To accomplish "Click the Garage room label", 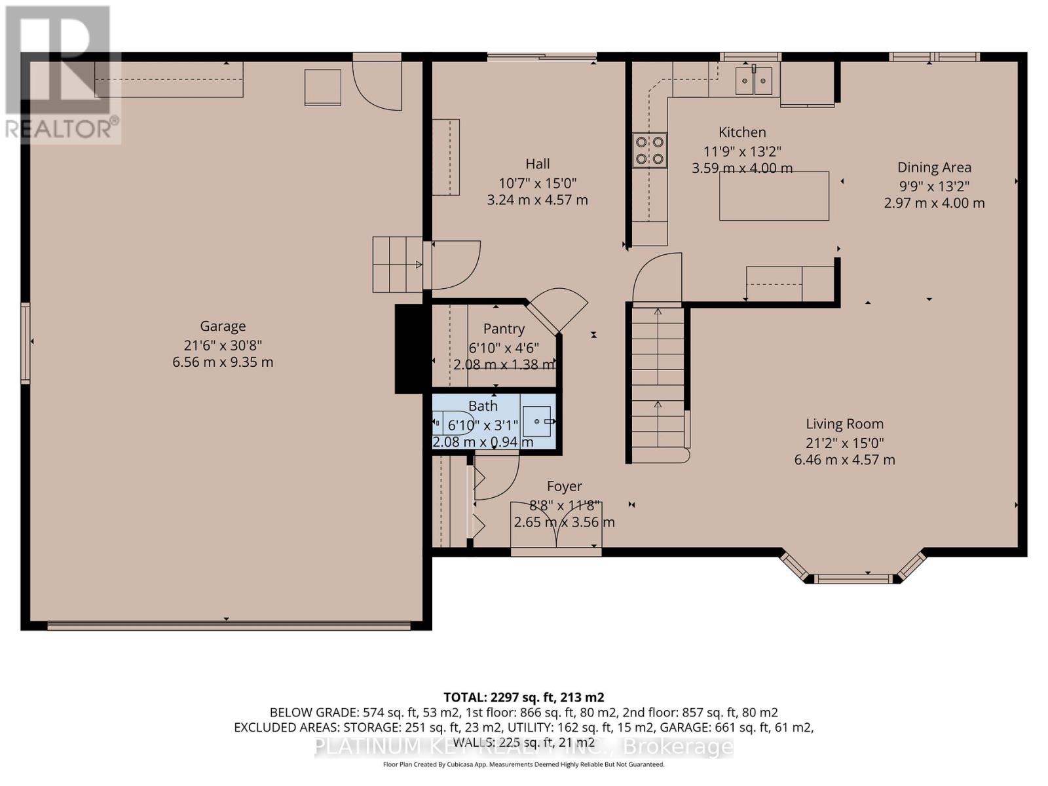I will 223,326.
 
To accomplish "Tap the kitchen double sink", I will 754,81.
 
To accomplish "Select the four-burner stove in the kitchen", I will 649,150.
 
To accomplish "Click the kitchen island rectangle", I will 774,196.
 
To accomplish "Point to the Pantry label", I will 504,329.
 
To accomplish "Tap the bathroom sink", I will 537,422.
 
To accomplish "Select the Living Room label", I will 844,424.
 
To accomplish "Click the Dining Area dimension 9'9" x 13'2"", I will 934,185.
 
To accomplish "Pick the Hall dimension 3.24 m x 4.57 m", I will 537,200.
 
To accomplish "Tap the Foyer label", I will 564,486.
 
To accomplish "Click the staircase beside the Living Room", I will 658,380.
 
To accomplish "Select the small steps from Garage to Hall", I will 397,265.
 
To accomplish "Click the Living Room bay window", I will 853,569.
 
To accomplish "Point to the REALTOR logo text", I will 62,128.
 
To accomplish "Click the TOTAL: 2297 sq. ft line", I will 523,697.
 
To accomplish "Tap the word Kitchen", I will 742,132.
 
